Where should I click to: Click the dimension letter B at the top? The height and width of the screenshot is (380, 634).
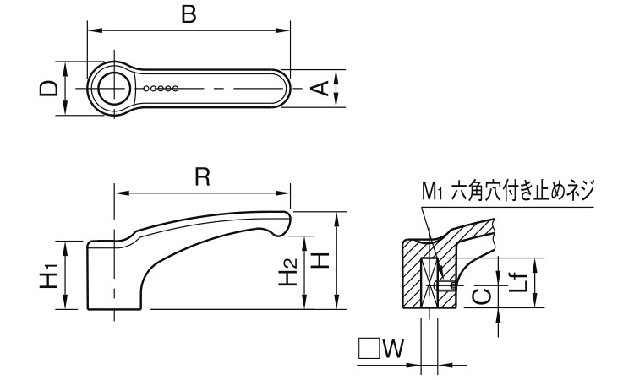[x=189, y=14]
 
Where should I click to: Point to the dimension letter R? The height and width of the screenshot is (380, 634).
[x=201, y=176]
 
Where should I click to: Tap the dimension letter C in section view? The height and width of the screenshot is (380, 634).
[x=479, y=295]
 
